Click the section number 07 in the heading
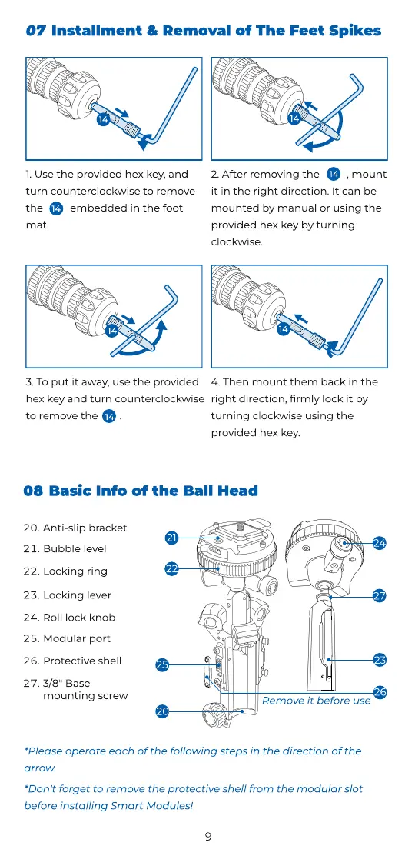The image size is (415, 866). click(36, 30)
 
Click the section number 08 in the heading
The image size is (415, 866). click(33, 491)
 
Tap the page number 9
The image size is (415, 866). click(208, 837)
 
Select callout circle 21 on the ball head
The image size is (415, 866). click(172, 538)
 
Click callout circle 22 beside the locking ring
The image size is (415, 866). click(172, 568)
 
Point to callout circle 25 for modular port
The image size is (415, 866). click(162, 665)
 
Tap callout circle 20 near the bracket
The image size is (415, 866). click(162, 712)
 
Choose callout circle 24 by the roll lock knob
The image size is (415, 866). click(379, 543)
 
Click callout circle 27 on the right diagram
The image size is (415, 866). click(379, 596)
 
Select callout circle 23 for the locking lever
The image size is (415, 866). click(380, 659)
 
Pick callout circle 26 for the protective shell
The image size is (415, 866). click(380, 692)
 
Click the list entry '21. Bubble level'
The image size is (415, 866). click(65, 549)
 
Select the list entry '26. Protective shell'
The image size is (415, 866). click(72, 661)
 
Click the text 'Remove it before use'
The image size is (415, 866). click(316, 701)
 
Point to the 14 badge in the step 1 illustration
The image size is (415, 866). click(103, 118)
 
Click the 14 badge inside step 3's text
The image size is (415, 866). click(109, 416)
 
